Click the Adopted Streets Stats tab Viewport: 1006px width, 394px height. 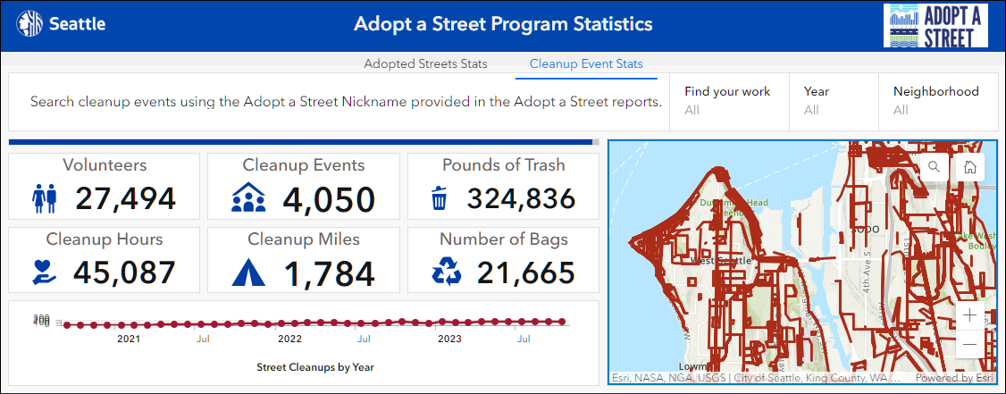(425, 63)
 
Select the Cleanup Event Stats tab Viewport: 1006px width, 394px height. (586, 63)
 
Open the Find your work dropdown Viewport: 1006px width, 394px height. (727, 100)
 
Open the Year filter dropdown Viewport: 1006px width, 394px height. (831, 100)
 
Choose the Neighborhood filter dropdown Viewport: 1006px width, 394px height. (935, 100)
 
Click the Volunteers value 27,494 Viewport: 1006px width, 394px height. (125, 198)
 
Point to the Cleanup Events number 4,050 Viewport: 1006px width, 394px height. (329, 198)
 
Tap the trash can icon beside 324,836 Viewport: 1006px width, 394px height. (439, 198)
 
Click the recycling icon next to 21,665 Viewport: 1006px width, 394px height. (447, 272)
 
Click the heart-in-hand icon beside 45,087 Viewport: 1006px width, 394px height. (45, 272)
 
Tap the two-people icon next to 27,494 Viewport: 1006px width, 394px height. (45, 197)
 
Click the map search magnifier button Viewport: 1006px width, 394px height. (935, 166)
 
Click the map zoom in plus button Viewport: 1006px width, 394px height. (970, 315)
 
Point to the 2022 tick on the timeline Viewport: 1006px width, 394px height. (289, 339)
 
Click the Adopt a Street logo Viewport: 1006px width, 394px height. (935, 25)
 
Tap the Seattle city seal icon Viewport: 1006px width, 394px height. (28, 24)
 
